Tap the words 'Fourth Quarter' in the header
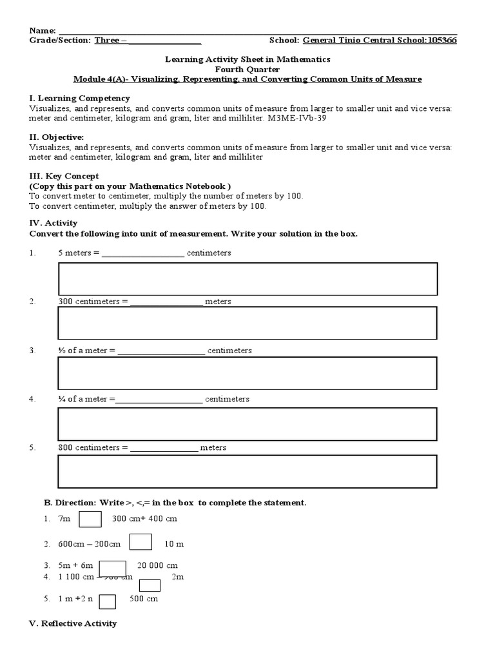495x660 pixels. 247,69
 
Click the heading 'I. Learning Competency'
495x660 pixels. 79,99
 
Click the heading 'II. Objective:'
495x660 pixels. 56,137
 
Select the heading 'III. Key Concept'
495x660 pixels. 64,176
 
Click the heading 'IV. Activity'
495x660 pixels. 53,223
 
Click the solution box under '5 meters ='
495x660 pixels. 247,279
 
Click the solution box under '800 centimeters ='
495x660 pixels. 247,472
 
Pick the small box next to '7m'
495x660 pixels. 90,519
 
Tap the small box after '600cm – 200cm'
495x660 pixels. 141,543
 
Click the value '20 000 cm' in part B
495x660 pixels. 157,565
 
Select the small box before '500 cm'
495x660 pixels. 107,601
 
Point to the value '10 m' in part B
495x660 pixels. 174,544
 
